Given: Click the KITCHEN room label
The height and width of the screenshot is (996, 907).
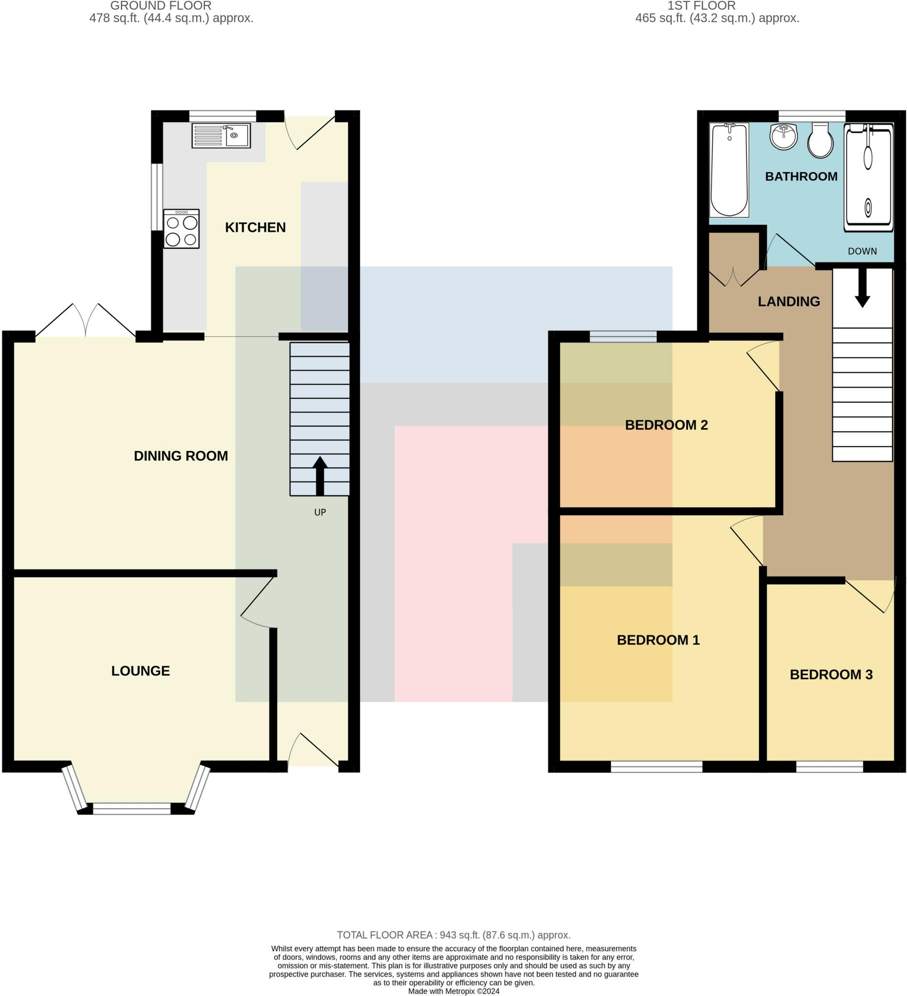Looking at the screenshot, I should click(x=255, y=227).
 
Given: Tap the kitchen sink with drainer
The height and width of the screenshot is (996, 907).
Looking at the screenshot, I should click(x=221, y=135).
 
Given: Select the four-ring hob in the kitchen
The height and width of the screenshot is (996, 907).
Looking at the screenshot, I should click(x=181, y=229).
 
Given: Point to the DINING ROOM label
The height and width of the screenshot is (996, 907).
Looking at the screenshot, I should click(x=181, y=456).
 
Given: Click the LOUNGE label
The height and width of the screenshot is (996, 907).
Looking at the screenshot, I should click(x=140, y=671).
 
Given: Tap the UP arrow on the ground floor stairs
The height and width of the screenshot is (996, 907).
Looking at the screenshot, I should click(x=320, y=475).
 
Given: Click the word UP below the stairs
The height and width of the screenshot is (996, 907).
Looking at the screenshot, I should click(x=320, y=512).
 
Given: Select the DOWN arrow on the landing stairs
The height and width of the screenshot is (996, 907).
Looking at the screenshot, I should click(x=862, y=288).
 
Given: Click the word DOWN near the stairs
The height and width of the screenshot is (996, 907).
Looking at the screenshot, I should click(x=862, y=251).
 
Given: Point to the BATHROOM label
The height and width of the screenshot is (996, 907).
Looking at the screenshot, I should click(x=801, y=177).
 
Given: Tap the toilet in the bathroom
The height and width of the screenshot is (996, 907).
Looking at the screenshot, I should click(x=820, y=142).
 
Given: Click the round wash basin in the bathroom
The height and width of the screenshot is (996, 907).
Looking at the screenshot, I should click(x=783, y=136).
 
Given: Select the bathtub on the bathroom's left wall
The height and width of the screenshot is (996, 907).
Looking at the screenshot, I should click(x=729, y=169).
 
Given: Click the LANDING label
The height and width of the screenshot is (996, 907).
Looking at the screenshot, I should click(x=788, y=302).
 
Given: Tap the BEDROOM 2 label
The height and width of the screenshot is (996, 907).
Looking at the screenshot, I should click(x=666, y=425).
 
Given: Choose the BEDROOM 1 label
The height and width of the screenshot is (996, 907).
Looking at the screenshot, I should click(x=658, y=640).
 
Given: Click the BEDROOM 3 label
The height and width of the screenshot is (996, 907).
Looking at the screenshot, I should click(x=831, y=675).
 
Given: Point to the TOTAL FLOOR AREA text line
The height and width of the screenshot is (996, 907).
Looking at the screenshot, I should click(x=453, y=935).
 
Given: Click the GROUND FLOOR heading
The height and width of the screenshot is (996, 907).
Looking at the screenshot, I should click(x=161, y=6).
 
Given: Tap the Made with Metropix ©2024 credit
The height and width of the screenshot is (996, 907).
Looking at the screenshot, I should click(x=453, y=991).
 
